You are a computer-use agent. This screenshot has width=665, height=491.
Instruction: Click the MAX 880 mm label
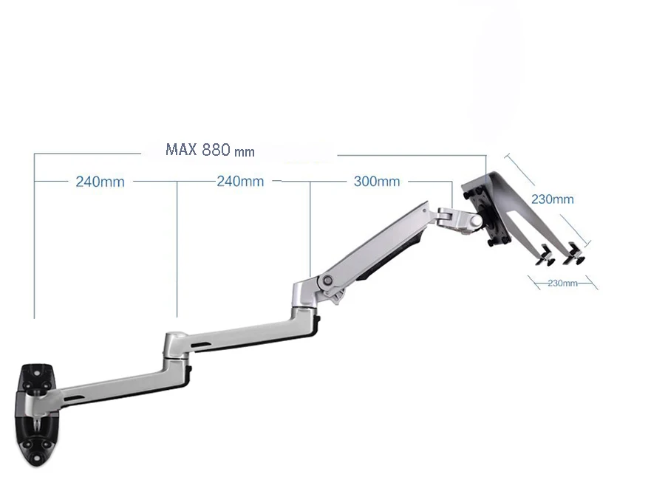point(210,150)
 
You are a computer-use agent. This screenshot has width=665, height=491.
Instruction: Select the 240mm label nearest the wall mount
point(100,182)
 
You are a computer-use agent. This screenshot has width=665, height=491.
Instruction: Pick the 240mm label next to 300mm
point(239,181)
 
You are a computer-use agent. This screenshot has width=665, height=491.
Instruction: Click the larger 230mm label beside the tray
point(552,199)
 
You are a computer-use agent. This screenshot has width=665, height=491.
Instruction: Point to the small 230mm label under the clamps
point(562,283)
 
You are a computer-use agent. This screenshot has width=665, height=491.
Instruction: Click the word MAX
point(181,150)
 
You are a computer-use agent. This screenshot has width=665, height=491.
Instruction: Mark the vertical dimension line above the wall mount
point(35,236)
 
